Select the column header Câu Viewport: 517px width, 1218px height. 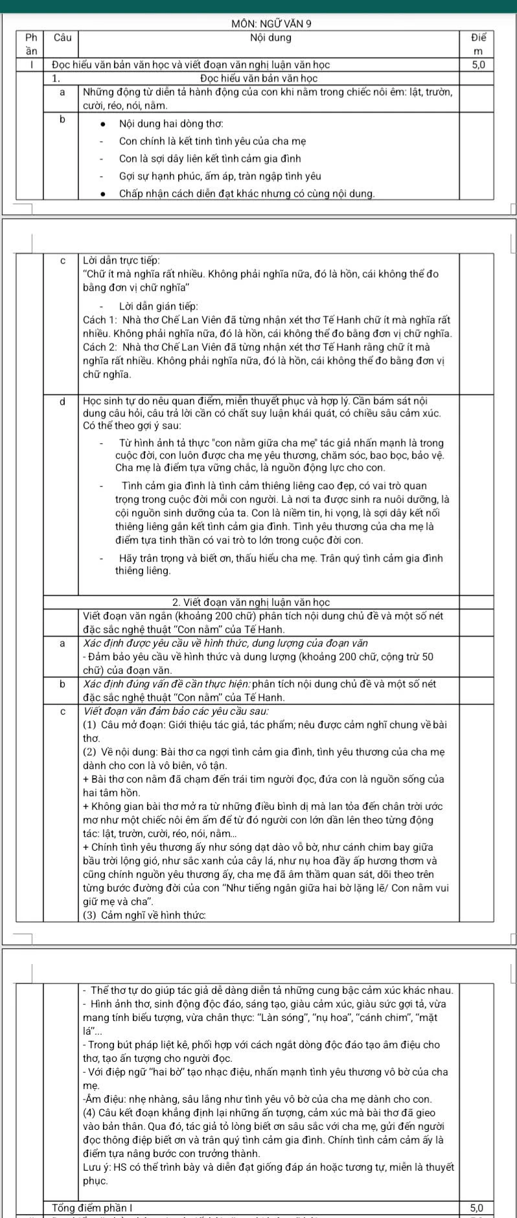tap(62, 38)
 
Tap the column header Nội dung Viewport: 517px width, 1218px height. tap(270, 38)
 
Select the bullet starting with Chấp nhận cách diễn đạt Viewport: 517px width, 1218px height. tap(247, 193)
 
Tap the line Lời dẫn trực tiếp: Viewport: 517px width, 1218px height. tap(122, 260)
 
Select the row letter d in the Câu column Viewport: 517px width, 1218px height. tap(62, 402)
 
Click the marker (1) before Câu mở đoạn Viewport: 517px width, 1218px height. tap(91, 724)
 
